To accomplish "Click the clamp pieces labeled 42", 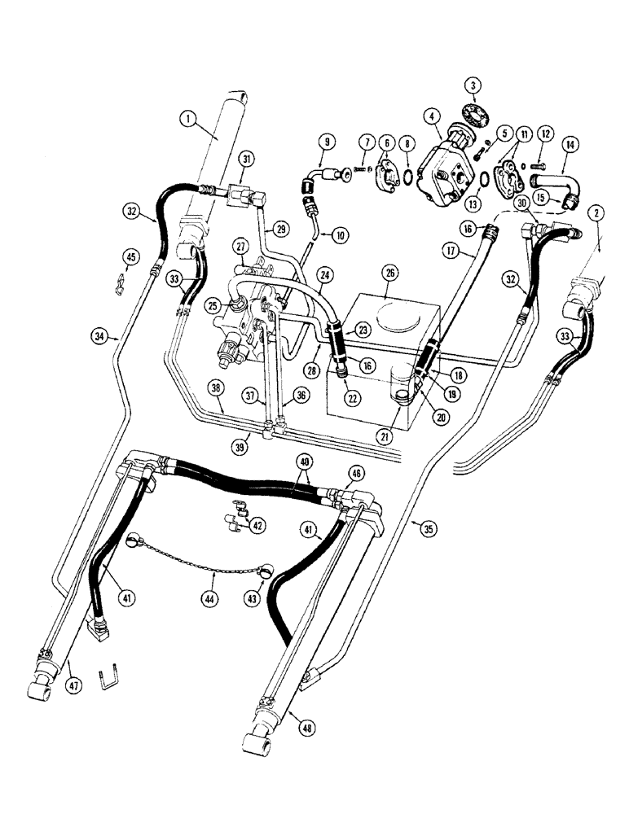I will pyautogui.click(x=235, y=515).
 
